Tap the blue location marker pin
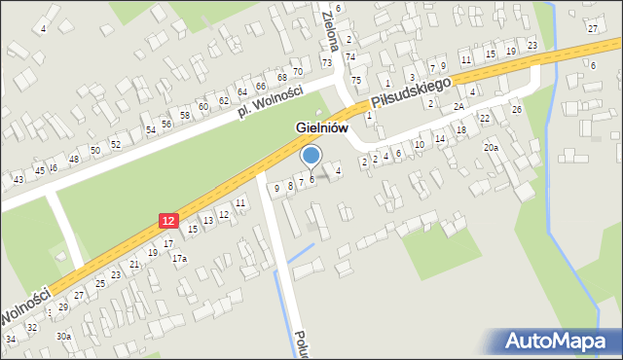pyautogui.click(x=311, y=156)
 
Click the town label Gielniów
pyautogui.click(x=329, y=128)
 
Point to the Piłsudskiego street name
pyautogui.click(x=412, y=94)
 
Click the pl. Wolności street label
pyautogui.click(x=270, y=101)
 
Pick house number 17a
pyautogui.click(x=179, y=259)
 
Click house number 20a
pyautogui.click(x=492, y=148)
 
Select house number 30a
pyautogui.click(x=63, y=336)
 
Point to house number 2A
pyautogui.click(x=458, y=107)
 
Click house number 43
pyautogui.click(x=18, y=179)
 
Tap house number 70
pyautogui.click(x=298, y=71)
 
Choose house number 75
pyautogui.click(x=356, y=80)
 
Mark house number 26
pyautogui.click(x=517, y=109)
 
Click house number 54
pyautogui.click(x=151, y=129)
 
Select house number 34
pyautogui.click(x=11, y=339)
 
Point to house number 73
pyautogui.click(x=327, y=62)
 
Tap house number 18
pyautogui.click(x=461, y=129)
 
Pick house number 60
pyautogui.click(x=202, y=107)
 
